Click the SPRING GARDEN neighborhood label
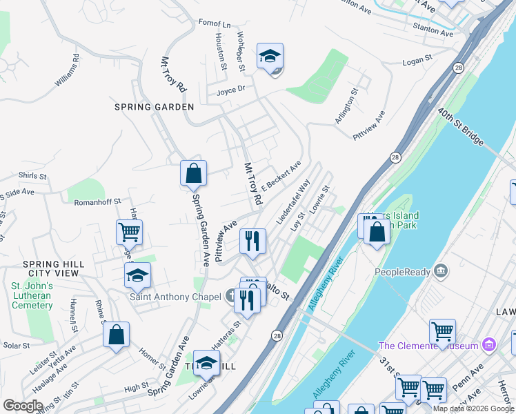click(155, 107)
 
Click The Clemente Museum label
click(428, 345)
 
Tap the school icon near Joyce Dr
click(270, 57)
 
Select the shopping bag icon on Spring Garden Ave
click(194, 175)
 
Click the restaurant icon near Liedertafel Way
click(252, 241)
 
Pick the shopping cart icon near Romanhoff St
click(129, 233)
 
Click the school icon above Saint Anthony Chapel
click(137, 275)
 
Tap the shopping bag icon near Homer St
click(116, 335)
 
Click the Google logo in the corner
click(23, 405)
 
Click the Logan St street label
click(417, 61)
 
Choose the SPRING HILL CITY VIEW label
click(54, 269)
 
